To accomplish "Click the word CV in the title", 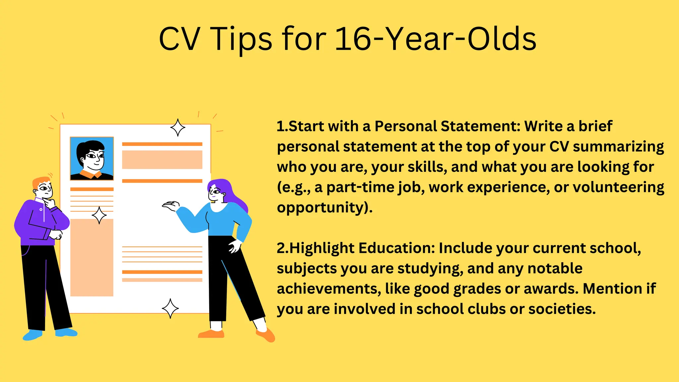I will point(179,39).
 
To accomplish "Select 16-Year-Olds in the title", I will point(435,39).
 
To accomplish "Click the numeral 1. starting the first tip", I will point(282,126).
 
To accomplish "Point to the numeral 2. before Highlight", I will point(283,248).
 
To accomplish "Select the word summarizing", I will point(618,147).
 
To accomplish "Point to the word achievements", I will point(329,289).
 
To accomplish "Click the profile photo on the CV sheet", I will point(92,159).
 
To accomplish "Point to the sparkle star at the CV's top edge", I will point(178,128).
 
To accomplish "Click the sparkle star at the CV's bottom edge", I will point(170,308).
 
